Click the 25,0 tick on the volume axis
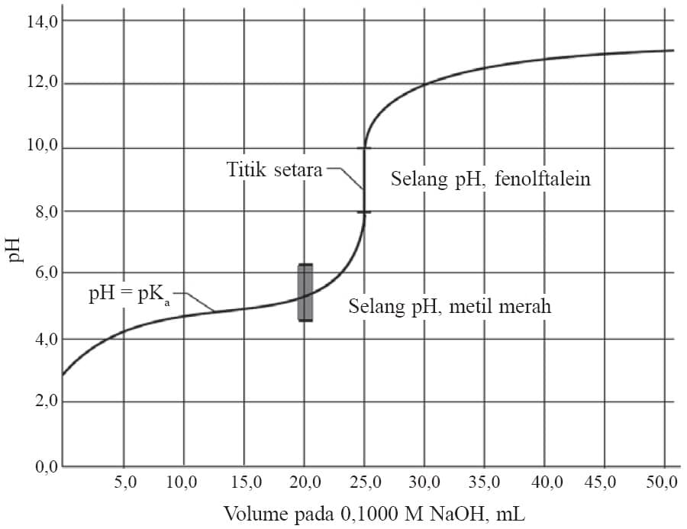364,482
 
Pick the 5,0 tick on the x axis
124,482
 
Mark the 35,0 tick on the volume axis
485,482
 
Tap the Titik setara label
274,169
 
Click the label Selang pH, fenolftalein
492,179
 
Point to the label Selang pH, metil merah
450,308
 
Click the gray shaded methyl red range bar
305,292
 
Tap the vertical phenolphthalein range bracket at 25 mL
365,179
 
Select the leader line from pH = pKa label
198,304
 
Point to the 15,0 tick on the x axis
244,482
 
